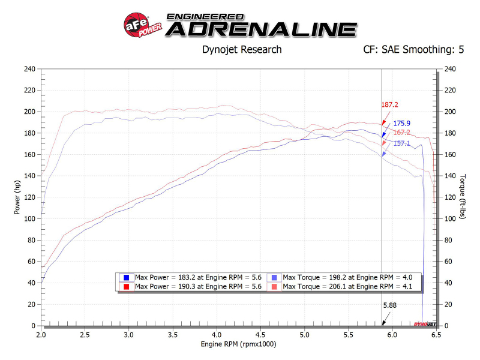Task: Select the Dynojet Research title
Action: [242, 50]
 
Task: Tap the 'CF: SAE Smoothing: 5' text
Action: [414, 50]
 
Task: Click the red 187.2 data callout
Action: [389, 104]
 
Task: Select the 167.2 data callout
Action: [401, 133]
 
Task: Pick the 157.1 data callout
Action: [401, 143]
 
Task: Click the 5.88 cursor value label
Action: [390, 305]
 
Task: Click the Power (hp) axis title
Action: [17, 197]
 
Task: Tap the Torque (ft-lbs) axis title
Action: [463, 197]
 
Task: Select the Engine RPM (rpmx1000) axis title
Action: [239, 345]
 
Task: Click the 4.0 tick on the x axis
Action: [217, 334]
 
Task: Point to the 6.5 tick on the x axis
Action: [436, 334]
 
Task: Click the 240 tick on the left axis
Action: [30, 69]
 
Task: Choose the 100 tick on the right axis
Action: [449, 219]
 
